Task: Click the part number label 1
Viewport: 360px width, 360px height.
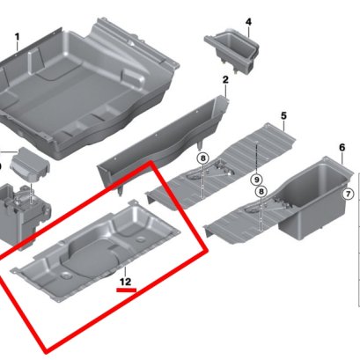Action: [18, 37]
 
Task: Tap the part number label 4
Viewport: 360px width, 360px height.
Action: [248, 22]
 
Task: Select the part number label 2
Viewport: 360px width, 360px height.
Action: [225, 79]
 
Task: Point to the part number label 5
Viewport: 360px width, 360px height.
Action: [283, 115]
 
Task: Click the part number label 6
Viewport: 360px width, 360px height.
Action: [342, 147]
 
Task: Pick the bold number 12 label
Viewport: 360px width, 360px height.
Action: [125, 282]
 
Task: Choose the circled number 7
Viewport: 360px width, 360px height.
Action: [348, 194]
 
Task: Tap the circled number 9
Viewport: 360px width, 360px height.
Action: [257, 180]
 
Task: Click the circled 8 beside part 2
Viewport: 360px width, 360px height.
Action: [202, 158]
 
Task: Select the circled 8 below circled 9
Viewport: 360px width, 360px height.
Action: [261, 192]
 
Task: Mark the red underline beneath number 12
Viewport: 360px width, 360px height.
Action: [127, 290]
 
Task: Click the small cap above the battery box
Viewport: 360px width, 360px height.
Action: [30, 165]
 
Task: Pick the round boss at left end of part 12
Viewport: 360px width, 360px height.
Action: [66, 276]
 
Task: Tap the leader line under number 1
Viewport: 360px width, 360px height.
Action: [18, 48]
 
